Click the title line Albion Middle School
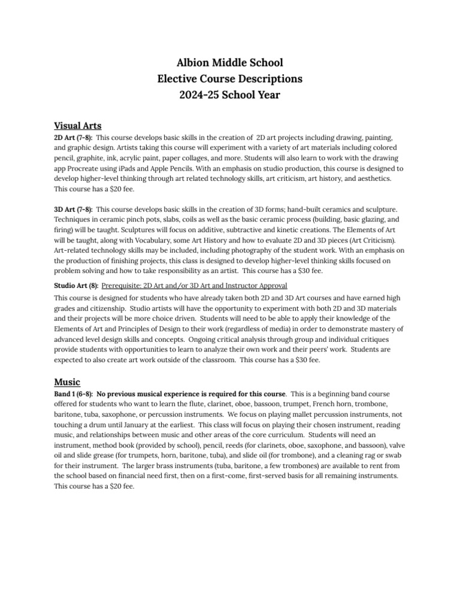(230, 63)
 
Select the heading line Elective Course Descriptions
(230, 78)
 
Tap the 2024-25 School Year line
(230, 95)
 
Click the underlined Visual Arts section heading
(78, 126)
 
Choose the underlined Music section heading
(67, 381)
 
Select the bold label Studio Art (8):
(76, 285)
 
